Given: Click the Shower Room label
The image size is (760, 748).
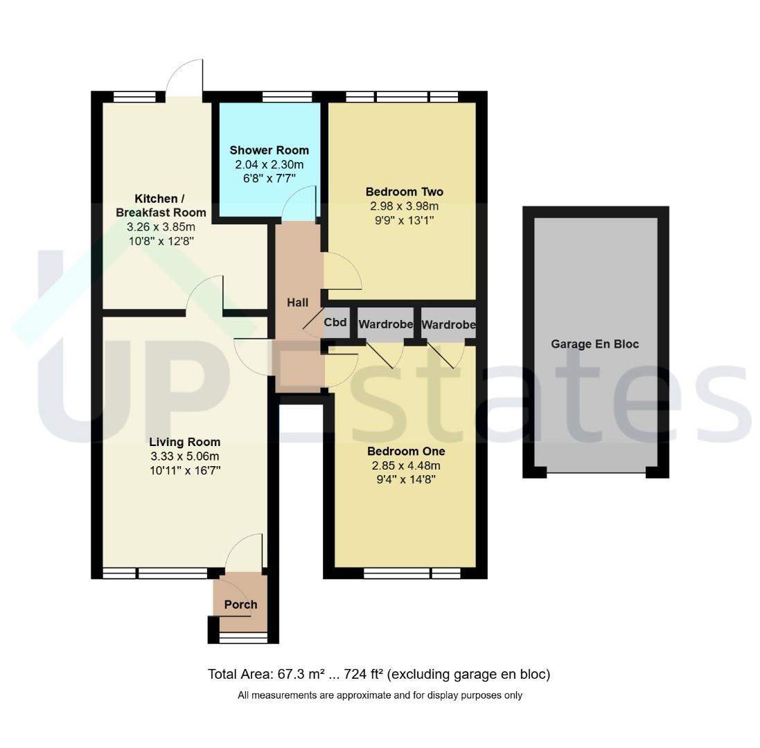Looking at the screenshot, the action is [269, 150].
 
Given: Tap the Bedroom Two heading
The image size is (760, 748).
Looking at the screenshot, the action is [404, 192].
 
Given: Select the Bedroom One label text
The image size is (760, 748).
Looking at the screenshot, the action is [406, 452].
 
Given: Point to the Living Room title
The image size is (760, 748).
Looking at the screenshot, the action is [185, 443].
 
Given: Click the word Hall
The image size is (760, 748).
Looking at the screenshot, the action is [298, 303].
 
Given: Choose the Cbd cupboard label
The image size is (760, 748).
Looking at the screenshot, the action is [335, 322].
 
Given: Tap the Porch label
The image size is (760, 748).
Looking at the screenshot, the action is [241, 605].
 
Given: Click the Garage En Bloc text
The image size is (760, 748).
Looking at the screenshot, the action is [594, 344].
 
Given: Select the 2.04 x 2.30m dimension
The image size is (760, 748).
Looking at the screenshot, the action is [269, 165].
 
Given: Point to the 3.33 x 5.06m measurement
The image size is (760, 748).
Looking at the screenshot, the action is [185, 456].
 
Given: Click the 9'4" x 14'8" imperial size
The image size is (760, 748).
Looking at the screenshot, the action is [406, 480].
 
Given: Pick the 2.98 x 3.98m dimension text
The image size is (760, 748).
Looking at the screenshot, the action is [404, 206].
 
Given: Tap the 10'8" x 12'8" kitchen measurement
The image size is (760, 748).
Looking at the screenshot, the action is [161, 241].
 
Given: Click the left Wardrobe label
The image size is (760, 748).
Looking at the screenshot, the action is [386, 324].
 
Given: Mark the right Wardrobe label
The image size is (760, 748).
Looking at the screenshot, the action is [448, 325].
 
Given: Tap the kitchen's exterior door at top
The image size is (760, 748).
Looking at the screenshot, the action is [184, 77].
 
